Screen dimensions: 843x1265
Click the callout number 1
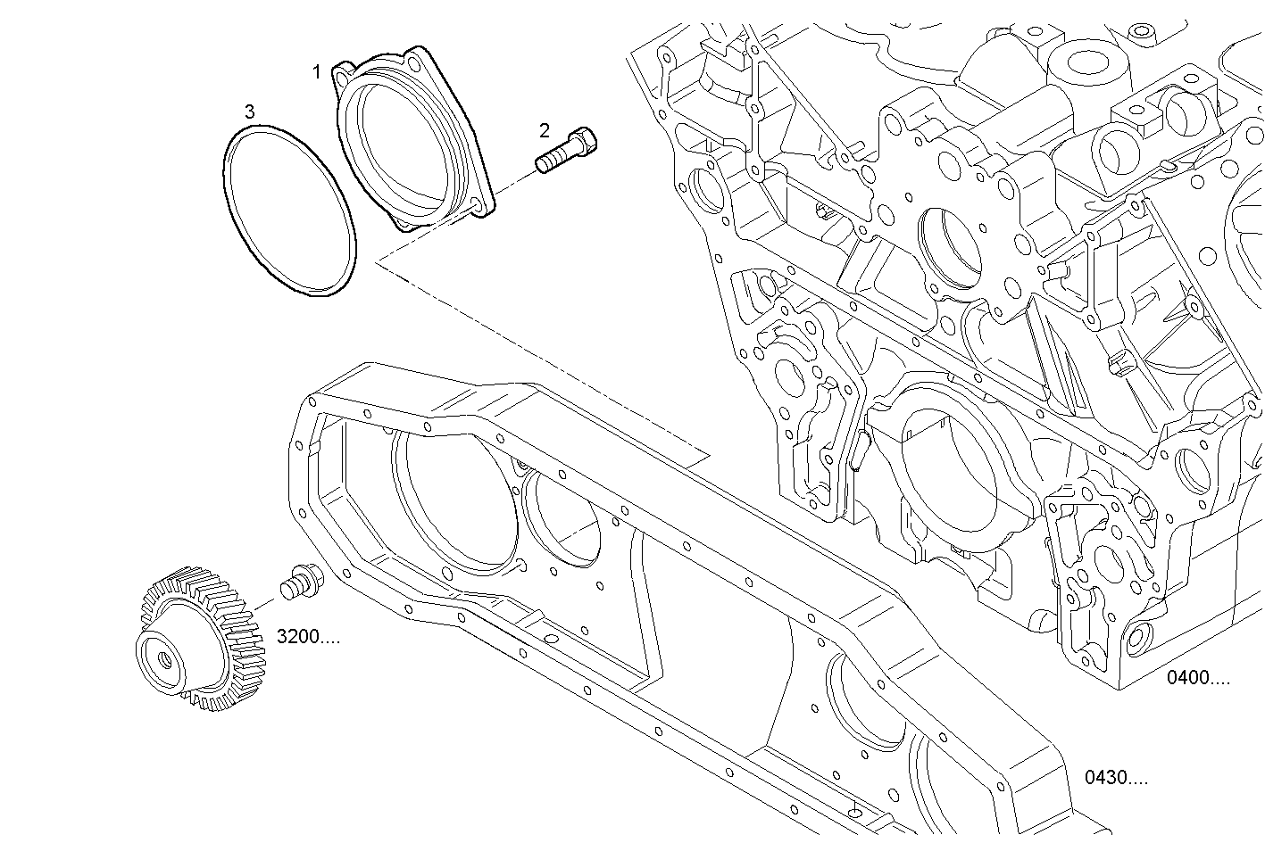click(x=316, y=71)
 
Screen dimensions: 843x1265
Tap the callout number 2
click(x=545, y=130)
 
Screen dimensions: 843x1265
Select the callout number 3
click(x=250, y=112)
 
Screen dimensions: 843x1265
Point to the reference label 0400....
click(x=1197, y=678)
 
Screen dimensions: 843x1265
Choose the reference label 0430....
click(x=1116, y=778)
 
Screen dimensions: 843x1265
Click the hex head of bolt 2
click(x=584, y=142)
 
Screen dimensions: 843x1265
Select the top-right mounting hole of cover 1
click(x=413, y=62)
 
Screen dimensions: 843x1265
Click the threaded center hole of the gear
click(x=166, y=657)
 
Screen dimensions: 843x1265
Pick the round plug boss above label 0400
click(x=1139, y=637)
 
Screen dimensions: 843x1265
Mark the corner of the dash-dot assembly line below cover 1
click(x=378, y=261)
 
